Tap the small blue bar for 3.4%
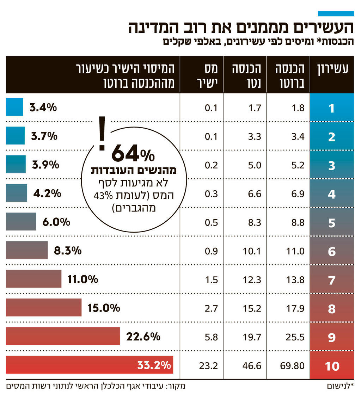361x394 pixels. [x=14, y=107]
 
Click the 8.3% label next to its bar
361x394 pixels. [x=68, y=251]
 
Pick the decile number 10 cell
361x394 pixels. [x=332, y=366]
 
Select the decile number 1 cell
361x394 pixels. [x=332, y=108]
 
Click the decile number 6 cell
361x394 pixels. [x=332, y=251]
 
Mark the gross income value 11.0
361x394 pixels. [x=295, y=251]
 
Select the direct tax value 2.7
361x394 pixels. [x=212, y=309]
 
